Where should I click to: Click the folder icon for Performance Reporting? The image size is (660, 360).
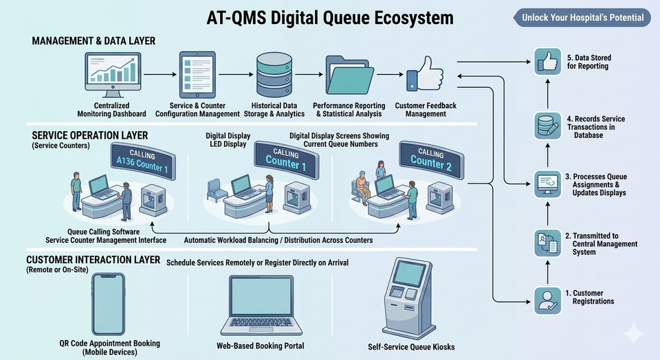point(351,75)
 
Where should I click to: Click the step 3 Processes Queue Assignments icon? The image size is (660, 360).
point(547,184)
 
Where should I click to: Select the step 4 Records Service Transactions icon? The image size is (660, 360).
point(547,126)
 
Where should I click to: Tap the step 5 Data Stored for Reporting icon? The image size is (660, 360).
point(547,63)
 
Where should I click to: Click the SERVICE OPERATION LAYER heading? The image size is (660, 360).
point(81,135)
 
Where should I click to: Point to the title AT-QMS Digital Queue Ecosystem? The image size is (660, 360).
point(330,18)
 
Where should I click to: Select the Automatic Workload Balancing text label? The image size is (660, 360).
point(278,240)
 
